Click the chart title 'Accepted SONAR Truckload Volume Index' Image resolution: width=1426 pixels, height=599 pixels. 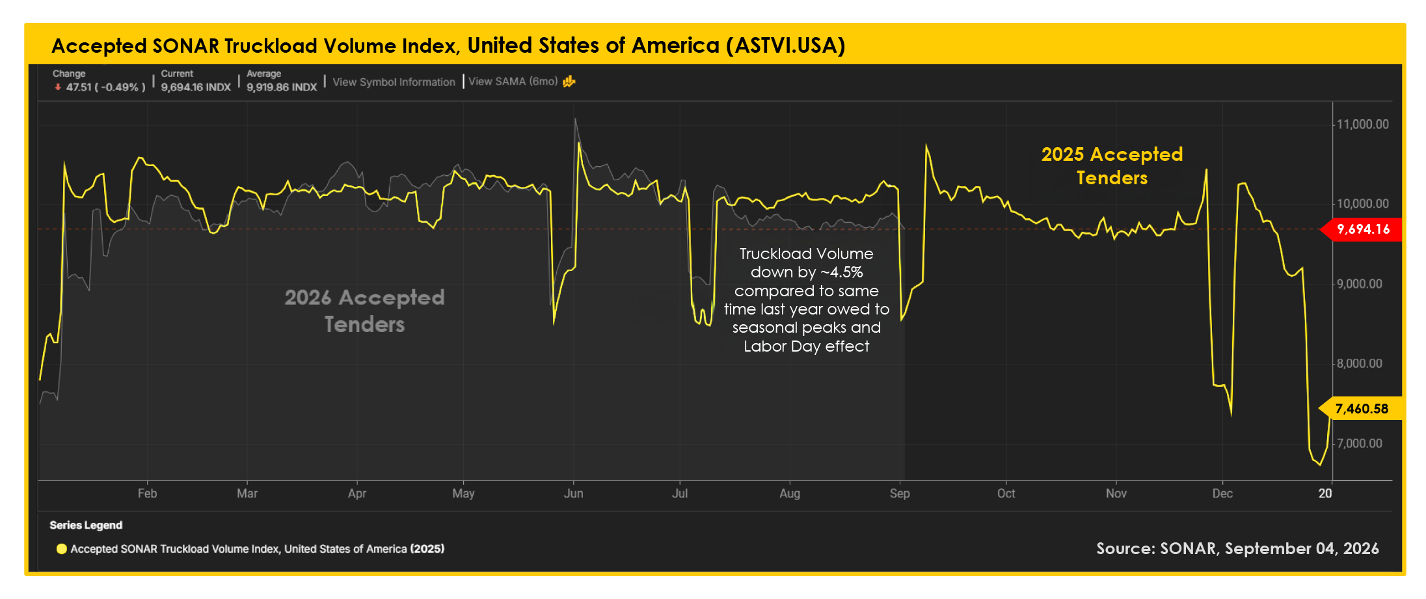[256, 46]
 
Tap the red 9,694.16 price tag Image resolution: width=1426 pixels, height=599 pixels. [1362, 229]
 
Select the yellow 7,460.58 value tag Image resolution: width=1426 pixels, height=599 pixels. [1360, 409]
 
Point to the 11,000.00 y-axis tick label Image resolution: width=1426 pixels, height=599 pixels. [1362, 124]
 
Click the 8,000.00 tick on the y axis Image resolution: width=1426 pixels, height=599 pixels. [1359, 363]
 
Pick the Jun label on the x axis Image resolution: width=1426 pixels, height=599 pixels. [573, 494]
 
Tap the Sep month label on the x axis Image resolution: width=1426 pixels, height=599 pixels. [900, 494]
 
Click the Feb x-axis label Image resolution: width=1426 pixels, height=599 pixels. [147, 494]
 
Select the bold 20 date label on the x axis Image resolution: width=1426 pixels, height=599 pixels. [1325, 494]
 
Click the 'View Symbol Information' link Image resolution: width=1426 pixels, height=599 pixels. [394, 82]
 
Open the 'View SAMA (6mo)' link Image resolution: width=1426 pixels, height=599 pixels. [513, 81]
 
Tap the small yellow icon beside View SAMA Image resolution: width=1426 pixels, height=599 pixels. [569, 81]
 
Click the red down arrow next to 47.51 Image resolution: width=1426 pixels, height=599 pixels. [58, 87]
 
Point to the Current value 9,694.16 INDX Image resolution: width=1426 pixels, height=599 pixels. [196, 87]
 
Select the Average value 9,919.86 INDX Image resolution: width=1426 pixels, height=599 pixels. [282, 87]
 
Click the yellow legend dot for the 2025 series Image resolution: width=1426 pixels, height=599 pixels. [62, 549]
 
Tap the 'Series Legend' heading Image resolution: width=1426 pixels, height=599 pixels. [86, 525]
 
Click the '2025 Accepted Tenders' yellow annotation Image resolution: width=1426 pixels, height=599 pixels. [1112, 166]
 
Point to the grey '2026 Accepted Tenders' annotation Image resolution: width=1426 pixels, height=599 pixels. [364, 311]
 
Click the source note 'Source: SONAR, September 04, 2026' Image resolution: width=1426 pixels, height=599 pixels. [1237, 549]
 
